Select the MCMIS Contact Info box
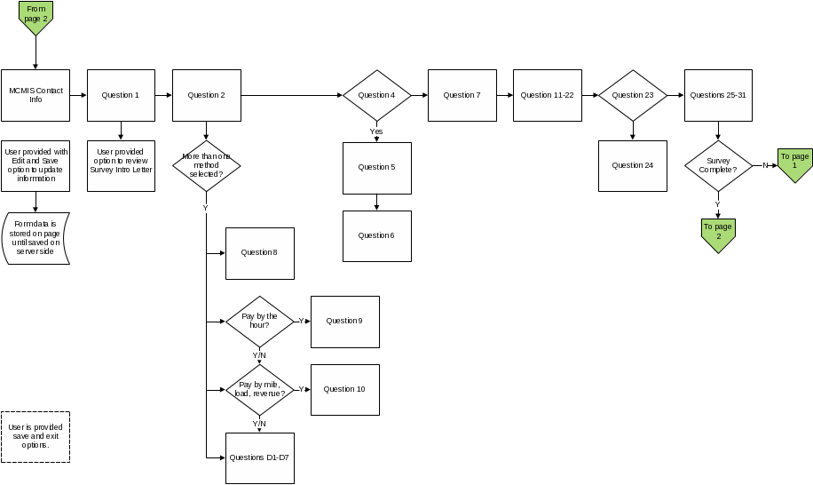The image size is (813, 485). pos(36,95)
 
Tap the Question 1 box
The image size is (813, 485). pos(121,95)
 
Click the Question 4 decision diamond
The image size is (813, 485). pos(377,95)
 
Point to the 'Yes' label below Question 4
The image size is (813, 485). pos(376,131)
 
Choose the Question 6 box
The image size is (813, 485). pos(377,236)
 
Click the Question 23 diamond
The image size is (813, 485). pos(633,95)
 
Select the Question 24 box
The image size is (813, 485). pos(633,166)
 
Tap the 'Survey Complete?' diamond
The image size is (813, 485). pos(718,166)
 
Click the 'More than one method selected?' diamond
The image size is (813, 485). pos(207,166)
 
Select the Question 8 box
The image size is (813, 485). pos(260,253)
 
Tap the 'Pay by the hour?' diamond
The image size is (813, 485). pos(260,322)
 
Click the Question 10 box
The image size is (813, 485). pos(344,390)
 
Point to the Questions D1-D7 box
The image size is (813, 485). pos(260,458)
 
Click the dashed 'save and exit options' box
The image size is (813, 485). pos(36,437)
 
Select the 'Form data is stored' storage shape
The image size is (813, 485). pos(36,238)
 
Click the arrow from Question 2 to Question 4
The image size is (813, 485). pos(292,95)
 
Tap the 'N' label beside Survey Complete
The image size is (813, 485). pos(765,165)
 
